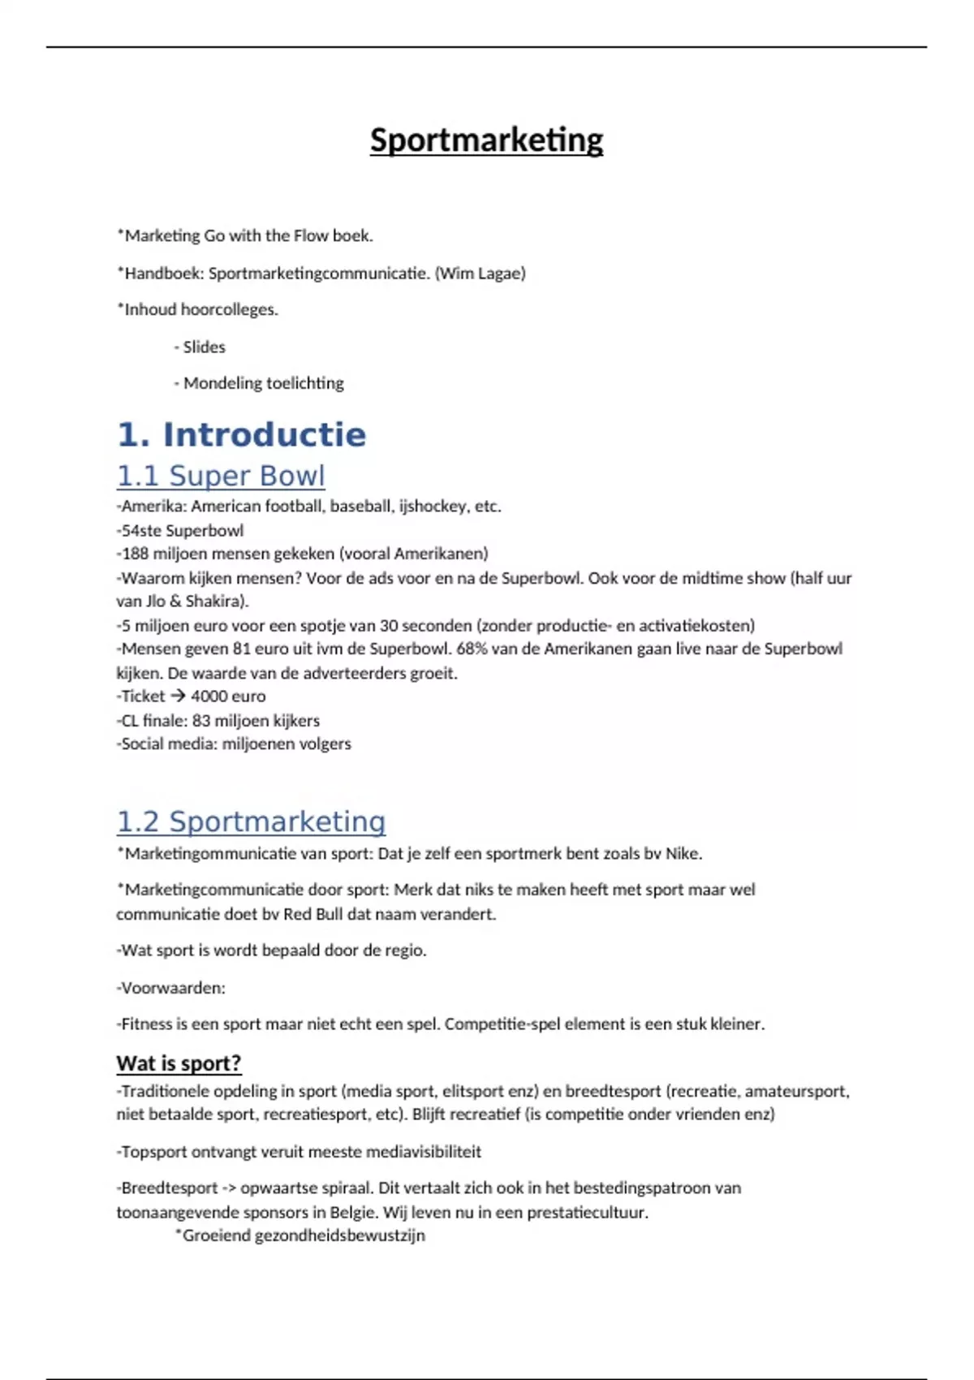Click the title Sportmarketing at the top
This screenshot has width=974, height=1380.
(x=486, y=140)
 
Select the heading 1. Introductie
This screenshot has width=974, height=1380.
(x=242, y=434)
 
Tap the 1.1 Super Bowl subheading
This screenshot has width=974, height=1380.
(x=221, y=476)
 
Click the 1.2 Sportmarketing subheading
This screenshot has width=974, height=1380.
(x=251, y=822)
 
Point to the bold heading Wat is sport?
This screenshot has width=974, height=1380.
(x=179, y=1063)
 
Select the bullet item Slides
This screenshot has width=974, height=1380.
(x=204, y=347)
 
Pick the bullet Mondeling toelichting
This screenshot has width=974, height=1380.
(x=263, y=383)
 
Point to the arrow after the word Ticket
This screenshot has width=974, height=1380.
(x=178, y=696)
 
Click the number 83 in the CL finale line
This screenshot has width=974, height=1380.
(x=200, y=720)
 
